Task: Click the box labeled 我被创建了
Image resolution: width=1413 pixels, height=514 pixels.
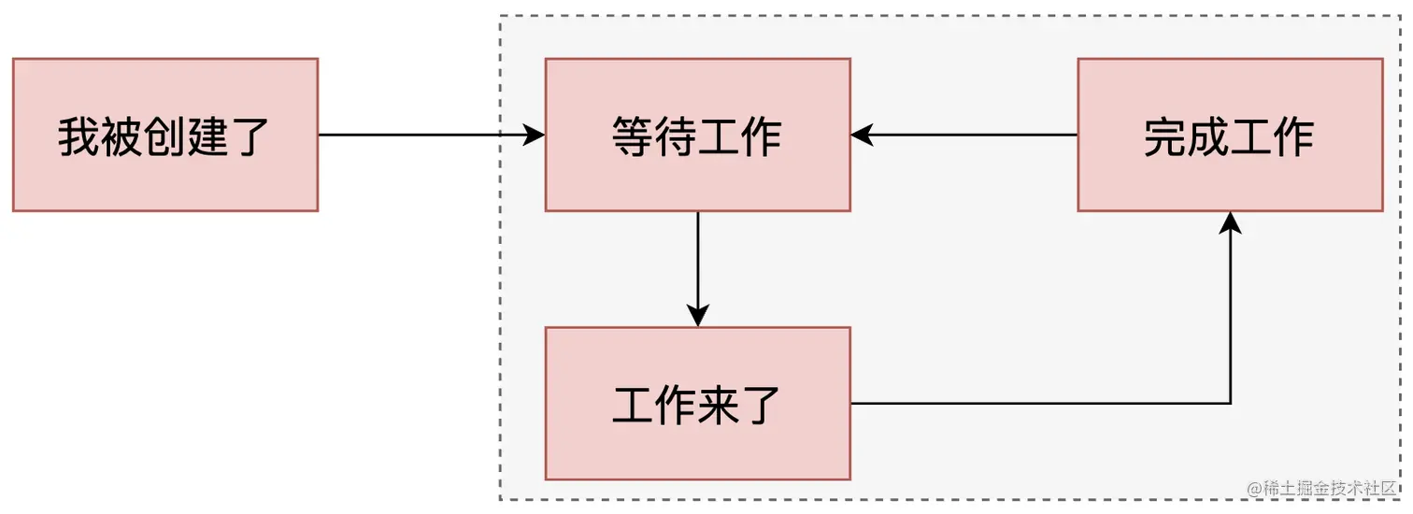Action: (x=164, y=135)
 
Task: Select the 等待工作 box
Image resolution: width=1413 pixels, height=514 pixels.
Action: (x=697, y=135)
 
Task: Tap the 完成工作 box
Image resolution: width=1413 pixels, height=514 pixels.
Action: (x=1230, y=135)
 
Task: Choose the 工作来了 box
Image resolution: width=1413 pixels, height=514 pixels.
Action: (x=697, y=403)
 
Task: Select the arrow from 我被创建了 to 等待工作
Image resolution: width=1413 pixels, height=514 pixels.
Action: (x=430, y=135)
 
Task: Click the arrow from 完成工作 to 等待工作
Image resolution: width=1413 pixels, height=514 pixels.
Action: (x=963, y=135)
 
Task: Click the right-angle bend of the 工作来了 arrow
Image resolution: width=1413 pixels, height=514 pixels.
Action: (x=1231, y=403)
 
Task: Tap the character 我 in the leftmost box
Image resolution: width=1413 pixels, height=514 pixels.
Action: (x=79, y=136)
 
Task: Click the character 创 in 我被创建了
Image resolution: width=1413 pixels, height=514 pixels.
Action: (x=165, y=136)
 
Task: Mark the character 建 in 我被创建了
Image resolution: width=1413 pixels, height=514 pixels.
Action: (x=207, y=136)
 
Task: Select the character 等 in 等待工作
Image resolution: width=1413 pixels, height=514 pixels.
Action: (x=633, y=136)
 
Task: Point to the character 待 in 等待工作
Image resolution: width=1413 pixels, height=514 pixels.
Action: (x=676, y=136)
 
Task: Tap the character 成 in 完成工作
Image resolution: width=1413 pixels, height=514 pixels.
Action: (x=1208, y=136)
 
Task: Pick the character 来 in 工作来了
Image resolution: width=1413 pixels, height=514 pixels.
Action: (x=719, y=405)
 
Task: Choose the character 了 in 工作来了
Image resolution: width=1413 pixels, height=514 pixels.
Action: (x=761, y=405)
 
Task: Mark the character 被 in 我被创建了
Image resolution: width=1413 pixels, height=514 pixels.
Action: (x=122, y=136)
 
